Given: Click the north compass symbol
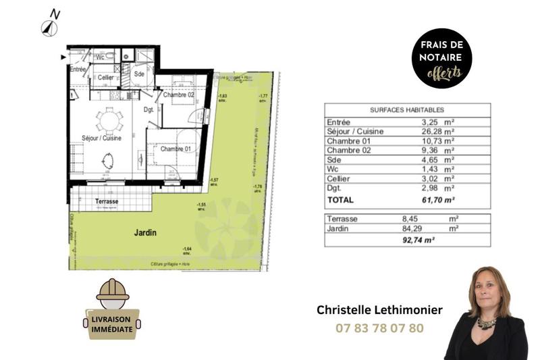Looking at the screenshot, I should point(48,27).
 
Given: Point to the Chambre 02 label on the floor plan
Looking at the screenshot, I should point(178,95).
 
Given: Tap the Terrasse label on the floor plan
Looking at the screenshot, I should point(107,201).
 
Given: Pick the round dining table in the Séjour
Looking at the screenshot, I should point(109,120).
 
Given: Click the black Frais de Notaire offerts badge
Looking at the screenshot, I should point(441,58).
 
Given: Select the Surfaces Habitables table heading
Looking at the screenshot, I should point(407,109).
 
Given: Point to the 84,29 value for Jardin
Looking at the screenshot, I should point(413,228).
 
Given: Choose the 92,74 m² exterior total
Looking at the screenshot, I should point(419,240).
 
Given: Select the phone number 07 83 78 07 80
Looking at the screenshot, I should point(379,329).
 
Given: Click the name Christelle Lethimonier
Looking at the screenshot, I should point(379,310).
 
